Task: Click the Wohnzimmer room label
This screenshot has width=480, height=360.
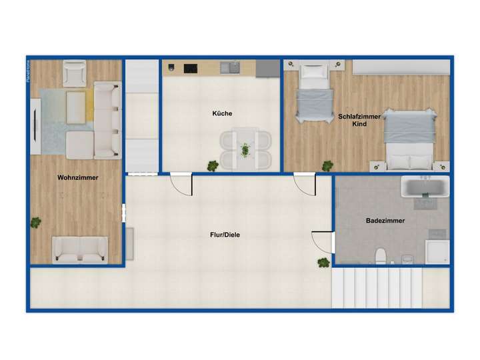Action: pyautogui.click(x=78, y=178)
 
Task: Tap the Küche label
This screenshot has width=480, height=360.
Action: pyautogui.click(x=222, y=113)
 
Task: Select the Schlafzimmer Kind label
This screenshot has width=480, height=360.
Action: pyautogui.click(x=359, y=120)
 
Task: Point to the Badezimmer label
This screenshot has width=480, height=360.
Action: pyautogui.click(x=385, y=220)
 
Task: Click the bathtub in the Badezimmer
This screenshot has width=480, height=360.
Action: pyautogui.click(x=425, y=186)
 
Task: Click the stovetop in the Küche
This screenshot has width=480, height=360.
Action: pyautogui.click(x=191, y=67)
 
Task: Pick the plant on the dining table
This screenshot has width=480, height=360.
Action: pyautogui.click(x=246, y=149)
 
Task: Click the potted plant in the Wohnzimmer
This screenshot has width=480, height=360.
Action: pyautogui.click(x=35, y=222)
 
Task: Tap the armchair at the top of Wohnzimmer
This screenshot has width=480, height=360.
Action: pyautogui.click(x=74, y=73)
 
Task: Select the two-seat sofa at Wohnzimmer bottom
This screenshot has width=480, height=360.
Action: pyautogui.click(x=80, y=249)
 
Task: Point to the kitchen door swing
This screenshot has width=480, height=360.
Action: pyautogui.click(x=181, y=185)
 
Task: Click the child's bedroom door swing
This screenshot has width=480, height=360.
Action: pyautogui.click(x=305, y=185)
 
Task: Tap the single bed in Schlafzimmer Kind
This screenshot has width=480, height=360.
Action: pyautogui.click(x=314, y=93)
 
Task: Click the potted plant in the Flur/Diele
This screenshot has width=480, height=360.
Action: pyautogui.click(x=323, y=262)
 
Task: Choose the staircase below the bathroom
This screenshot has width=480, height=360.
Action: pyautogui.click(x=378, y=288)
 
